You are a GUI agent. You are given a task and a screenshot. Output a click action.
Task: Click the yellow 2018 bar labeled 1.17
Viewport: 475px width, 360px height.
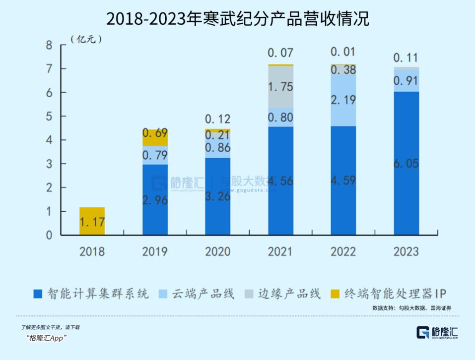[x=92, y=221]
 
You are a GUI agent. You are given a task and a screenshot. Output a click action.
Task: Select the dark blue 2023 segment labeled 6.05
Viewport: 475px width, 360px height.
[x=406, y=163]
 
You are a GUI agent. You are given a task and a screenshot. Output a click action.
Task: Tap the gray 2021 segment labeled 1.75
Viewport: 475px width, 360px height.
[x=280, y=87]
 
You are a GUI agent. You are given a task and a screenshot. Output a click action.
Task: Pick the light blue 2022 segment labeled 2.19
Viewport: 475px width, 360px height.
[x=343, y=100]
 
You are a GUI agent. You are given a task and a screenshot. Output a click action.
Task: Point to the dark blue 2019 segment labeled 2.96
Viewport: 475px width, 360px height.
[x=155, y=199]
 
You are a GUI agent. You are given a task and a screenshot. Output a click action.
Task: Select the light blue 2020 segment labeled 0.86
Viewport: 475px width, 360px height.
[x=218, y=148]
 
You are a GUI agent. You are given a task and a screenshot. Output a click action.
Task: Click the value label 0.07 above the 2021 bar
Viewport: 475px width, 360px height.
[x=280, y=53]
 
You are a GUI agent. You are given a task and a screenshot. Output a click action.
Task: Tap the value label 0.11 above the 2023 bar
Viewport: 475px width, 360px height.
[x=406, y=57]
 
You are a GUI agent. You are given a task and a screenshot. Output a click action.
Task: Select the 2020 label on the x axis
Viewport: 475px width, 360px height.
[x=218, y=251]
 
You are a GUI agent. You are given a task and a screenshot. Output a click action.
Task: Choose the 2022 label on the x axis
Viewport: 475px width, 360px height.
[x=343, y=251]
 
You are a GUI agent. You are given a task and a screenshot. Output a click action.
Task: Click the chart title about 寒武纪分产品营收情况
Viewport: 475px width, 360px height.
[x=238, y=19]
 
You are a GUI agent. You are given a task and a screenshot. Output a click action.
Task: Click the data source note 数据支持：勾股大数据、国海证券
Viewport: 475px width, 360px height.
[x=411, y=308]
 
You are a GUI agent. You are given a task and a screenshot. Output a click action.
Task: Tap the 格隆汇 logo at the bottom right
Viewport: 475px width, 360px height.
[x=437, y=333]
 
